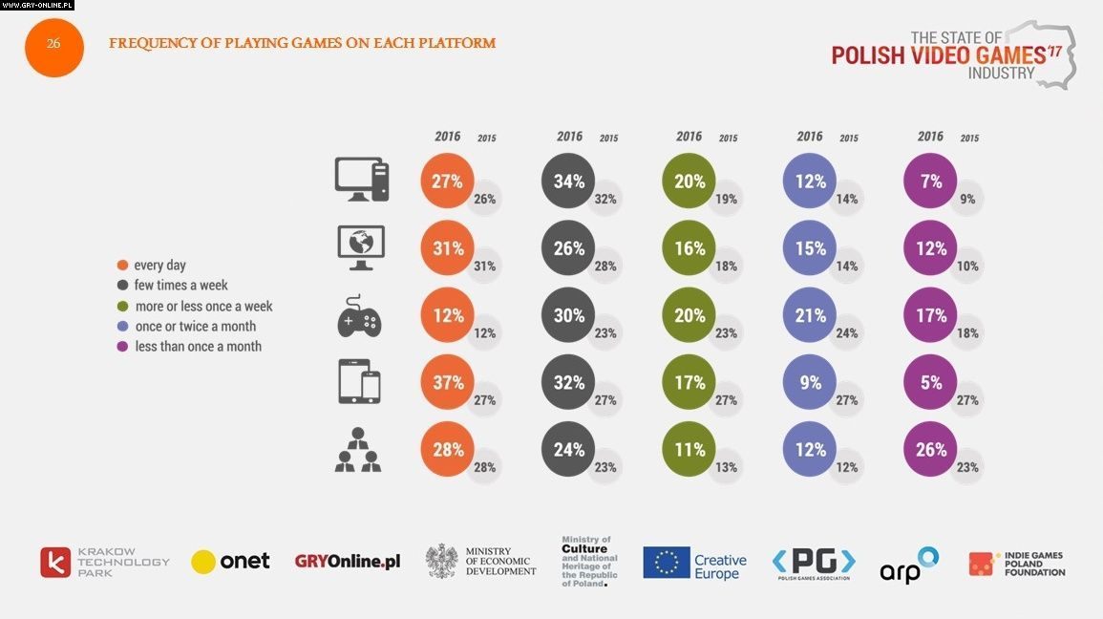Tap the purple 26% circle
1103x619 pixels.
point(930,449)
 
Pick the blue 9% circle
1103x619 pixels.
point(809,382)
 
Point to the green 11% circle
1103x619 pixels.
point(689,449)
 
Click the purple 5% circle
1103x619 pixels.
point(930,382)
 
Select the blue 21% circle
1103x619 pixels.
point(809,315)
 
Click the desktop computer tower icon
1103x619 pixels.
point(362,180)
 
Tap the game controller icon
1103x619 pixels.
point(359,315)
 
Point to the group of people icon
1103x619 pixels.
point(358,450)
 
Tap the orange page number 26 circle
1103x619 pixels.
point(53,44)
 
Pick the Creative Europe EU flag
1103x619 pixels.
point(667,563)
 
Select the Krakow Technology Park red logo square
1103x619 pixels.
point(55,563)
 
